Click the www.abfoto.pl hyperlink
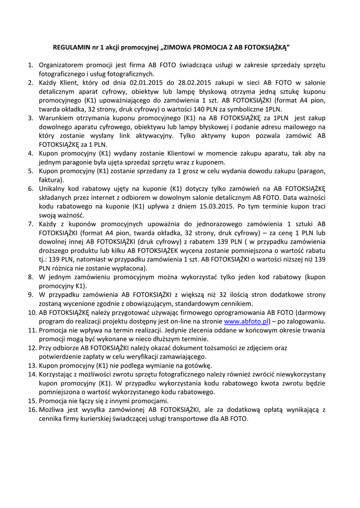(x=246, y=321)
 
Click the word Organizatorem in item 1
(x=61, y=64)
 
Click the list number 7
(x=30, y=224)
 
